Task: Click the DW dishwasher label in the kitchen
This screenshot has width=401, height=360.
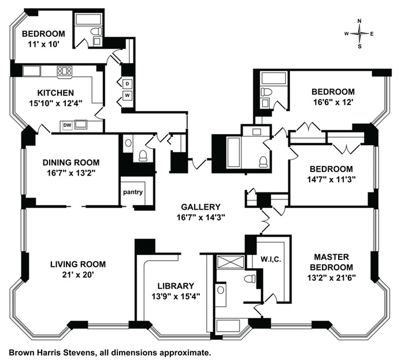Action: click(67, 125)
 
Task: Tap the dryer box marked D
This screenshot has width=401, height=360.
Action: click(127, 84)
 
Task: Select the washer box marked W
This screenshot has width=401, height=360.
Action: click(127, 95)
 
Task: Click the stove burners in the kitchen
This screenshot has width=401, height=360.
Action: click(65, 70)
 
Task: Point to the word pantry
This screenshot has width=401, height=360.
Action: click(133, 192)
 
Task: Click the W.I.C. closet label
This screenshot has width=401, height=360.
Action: click(271, 259)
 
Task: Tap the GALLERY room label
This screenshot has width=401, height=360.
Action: click(200, 207)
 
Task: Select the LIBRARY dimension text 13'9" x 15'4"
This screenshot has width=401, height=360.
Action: click(176, 296)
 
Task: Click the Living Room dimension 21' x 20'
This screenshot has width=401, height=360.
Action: click(78, 274)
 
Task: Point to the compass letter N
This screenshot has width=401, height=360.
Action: click(359, 21)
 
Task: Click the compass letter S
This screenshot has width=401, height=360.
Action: click(359, 47)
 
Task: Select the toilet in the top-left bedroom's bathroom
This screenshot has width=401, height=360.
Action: click(96, 31)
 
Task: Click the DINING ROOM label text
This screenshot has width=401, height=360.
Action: click(71, 162)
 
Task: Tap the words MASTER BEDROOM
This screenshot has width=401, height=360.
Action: click(332, 262)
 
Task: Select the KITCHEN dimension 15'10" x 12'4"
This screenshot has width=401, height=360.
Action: click(55, 103)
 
